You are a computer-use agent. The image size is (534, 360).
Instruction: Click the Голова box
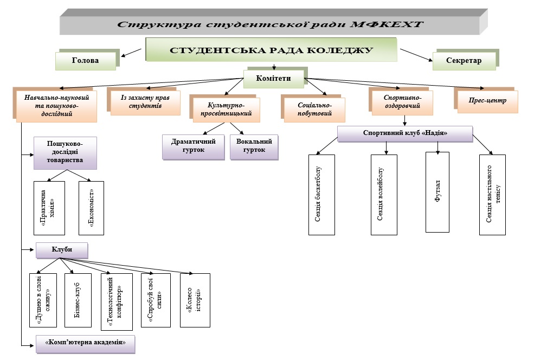(x=85, y=61)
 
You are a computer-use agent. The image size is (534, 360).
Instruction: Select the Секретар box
(x=464, y=61)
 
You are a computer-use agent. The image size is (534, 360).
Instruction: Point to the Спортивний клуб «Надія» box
(x=404, y=133)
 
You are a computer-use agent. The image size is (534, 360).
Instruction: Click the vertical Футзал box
(x=438, y=191)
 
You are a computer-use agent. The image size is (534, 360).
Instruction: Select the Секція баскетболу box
(x=322, y=195)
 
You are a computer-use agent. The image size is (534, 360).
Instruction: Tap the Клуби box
(x=62, y=250)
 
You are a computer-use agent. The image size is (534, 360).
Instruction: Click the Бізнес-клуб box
(x=78, y=300)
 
